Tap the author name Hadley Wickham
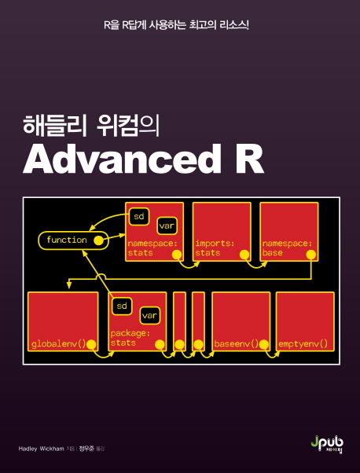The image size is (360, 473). [x=41, y=449]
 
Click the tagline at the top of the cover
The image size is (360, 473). [x=176, y=25]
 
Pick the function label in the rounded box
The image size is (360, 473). [x=67, y=240]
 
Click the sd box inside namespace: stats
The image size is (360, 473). [x=139, y=216]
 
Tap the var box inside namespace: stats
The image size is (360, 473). [x=167, y=226]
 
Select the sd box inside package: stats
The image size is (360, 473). [x=122, y=306]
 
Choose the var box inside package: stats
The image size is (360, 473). [x=149, y=316]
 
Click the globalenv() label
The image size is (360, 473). [x=59, y=344]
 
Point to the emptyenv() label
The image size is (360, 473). [x=303, y=344]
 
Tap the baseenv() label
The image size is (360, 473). [x=237, y=344]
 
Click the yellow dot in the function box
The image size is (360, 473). [x=97, y=240]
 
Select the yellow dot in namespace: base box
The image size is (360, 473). [x=310, y=255]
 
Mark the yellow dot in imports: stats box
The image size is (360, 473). [x=244, y=255]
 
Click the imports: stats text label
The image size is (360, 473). [x=215, y=248]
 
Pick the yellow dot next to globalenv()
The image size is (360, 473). [x=91, y=344]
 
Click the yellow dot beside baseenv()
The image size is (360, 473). [x=264, y=344]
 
